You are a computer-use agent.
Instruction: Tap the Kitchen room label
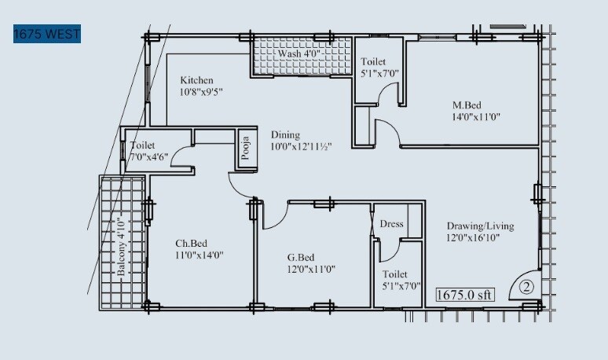[196, 80]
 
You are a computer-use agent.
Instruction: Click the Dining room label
[285, 134]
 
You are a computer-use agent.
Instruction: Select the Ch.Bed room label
[190, 243]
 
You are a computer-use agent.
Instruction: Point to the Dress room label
[391, 224]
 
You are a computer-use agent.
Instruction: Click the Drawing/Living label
[480, 226]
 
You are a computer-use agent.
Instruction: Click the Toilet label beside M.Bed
[373, 62]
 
